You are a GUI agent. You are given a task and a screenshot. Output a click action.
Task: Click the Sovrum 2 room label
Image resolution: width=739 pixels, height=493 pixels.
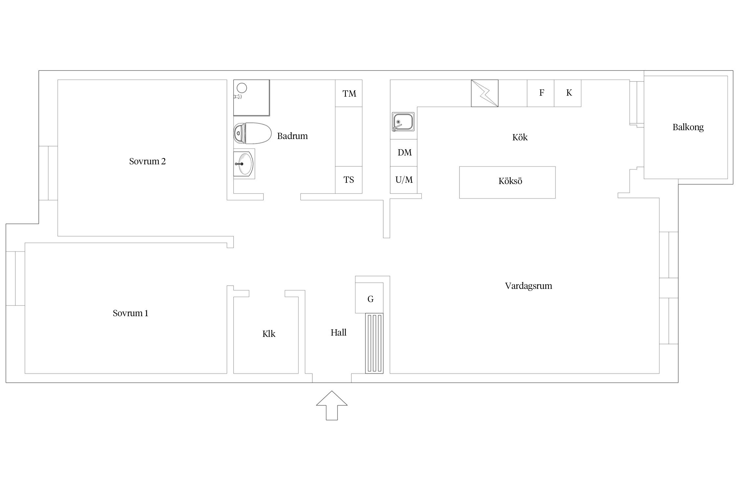pos(147,161)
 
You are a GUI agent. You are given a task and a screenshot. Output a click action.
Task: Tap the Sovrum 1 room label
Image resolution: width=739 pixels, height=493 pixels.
pos(130,313)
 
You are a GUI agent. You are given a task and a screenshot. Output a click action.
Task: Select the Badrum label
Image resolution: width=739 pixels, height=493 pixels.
pos(292,136)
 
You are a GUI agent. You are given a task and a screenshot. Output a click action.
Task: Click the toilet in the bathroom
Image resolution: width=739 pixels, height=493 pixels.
pos(252,133)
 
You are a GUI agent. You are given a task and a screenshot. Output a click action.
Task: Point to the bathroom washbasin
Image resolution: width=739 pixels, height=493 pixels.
pos(244,164)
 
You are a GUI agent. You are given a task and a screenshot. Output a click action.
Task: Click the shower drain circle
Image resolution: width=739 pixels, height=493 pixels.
pos(242,88)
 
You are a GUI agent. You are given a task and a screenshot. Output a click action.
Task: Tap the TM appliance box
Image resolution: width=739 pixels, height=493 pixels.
pos(349,93)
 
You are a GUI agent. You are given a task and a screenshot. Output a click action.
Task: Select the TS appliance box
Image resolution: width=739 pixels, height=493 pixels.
pos(349,180)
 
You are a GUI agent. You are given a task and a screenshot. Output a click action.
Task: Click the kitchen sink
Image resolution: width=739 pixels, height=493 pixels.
pos(403,122)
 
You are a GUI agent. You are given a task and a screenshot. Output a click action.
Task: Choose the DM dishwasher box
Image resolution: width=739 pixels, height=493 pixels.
pos(404,153)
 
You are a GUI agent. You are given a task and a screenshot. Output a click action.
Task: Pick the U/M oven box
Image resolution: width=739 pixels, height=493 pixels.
pos(404,180)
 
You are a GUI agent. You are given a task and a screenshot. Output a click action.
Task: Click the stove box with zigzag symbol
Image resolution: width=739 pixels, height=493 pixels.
pos(484,93)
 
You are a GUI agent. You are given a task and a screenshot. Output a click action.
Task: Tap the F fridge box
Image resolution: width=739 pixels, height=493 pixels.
pos(541,93)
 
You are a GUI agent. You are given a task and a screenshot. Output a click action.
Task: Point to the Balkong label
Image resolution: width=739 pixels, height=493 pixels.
pos(688,127)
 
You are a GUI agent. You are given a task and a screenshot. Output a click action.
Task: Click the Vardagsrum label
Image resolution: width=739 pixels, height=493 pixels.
pos(528,286)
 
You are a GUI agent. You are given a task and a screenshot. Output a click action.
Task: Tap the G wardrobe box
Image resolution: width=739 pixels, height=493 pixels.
pos(370,298)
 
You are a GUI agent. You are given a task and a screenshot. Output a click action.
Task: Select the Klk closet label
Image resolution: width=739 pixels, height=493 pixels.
pos(268,334)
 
